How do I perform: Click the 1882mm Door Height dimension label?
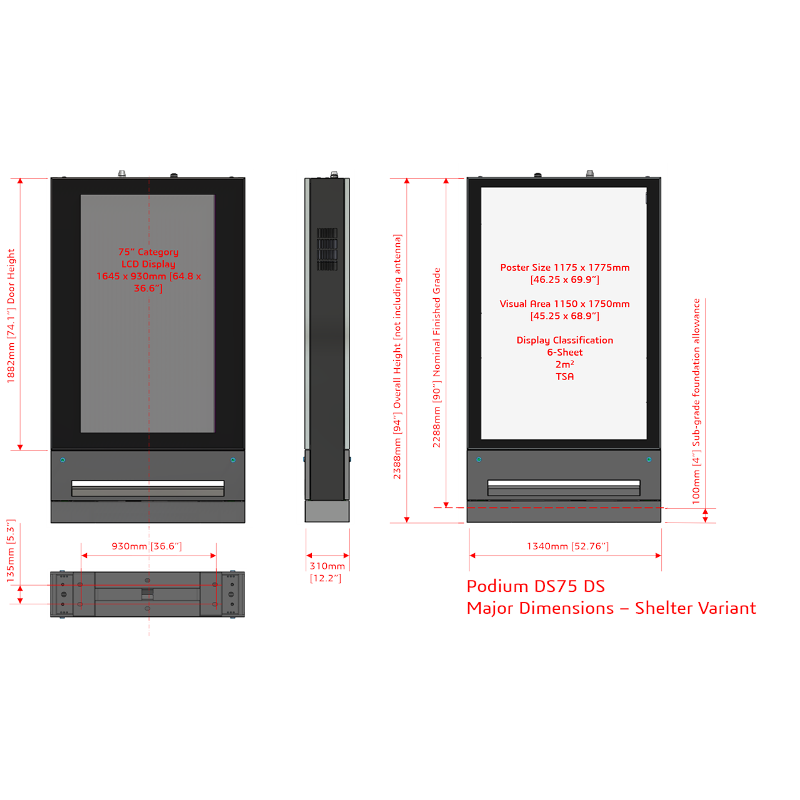11,316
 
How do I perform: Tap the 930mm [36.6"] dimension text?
146,546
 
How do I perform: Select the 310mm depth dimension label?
327,572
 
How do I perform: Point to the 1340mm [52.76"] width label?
567,546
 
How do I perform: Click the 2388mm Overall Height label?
397,357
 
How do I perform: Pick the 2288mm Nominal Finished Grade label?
436,357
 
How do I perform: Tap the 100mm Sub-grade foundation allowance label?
696,401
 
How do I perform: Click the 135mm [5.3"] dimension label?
11,551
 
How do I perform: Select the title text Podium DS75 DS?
536,586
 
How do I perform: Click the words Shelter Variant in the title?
696,608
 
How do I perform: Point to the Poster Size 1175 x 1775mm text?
564,267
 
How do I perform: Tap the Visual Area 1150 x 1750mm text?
564,304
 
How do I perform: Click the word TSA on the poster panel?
564,376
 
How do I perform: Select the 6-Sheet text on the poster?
564,352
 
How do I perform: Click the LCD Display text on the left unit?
148,264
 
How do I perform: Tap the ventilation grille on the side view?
327,249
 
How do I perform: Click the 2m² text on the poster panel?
564,364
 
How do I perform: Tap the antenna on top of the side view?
334,174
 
